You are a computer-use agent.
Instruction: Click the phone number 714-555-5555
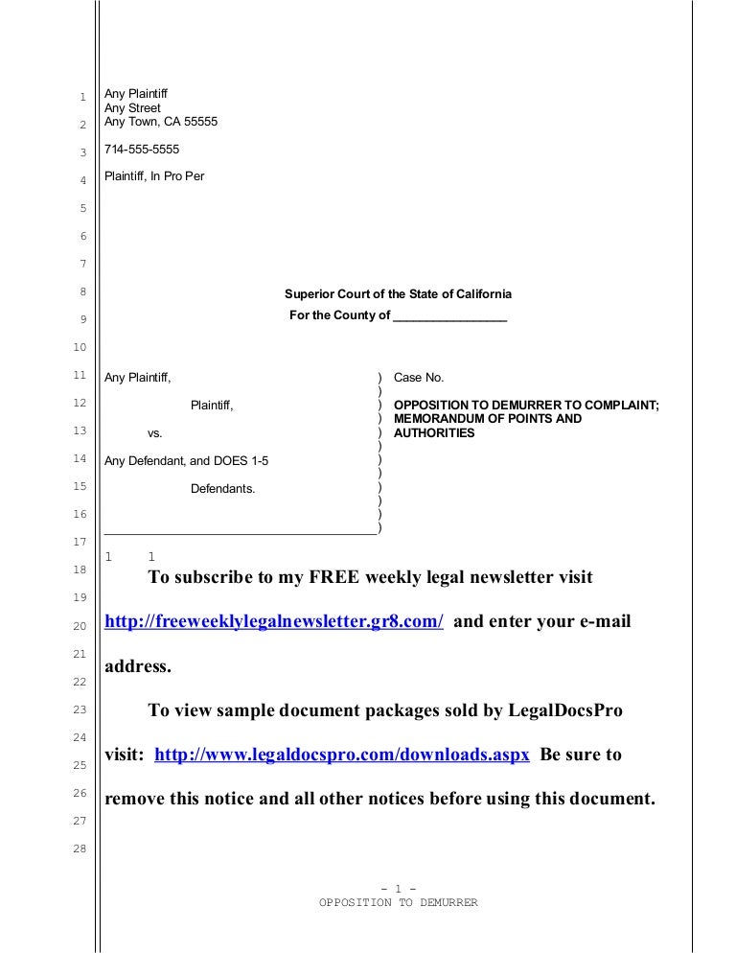[142, 150]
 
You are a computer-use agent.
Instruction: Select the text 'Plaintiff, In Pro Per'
[153, 176]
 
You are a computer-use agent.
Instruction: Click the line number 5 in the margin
[83, 208]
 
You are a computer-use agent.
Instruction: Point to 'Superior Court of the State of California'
[398, 294]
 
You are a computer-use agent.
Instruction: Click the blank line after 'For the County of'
[449, 316]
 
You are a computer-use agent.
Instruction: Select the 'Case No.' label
[419, 378]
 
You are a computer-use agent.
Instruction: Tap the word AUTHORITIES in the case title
[434, 432]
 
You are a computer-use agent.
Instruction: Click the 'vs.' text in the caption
[154, 433]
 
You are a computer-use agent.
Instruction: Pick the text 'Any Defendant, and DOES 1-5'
[186, 461]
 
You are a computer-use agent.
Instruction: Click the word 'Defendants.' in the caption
[222, 489]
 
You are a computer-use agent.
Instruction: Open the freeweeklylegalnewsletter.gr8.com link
[273, 621]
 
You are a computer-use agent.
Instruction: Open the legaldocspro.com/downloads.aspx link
[341, 755]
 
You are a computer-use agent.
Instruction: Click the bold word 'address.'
[137, 666]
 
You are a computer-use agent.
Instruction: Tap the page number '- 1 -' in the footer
[398, 889]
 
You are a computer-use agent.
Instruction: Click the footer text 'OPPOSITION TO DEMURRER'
[398, 903]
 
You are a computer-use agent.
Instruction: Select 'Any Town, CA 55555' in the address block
[161, 122]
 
